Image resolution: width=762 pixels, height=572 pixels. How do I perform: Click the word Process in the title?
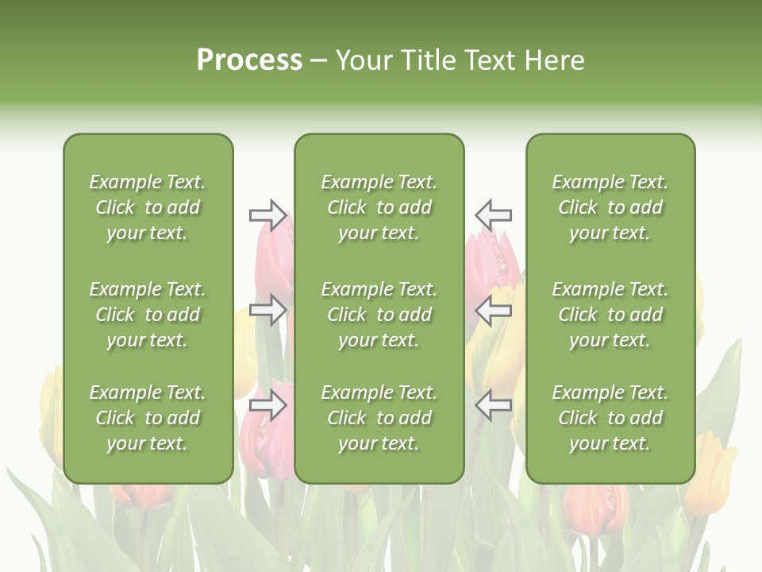[x=249, y=60]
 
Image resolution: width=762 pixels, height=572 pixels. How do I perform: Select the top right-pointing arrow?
[x=268, y=214]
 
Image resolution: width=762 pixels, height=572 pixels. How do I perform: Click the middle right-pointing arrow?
[x=268, y=310]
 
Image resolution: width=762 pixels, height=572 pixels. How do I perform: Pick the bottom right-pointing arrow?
[x=268, y=406]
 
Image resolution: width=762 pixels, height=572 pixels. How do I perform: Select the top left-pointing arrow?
[x=493, y=214]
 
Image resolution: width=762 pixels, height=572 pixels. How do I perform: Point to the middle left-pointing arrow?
[x=493, y=310]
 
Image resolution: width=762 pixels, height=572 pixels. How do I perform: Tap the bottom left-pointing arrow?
[x=493, y=406]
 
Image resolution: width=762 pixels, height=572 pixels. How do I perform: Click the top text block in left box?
[x=148, y=207]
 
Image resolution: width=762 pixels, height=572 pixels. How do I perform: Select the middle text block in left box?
[x=148, y=315]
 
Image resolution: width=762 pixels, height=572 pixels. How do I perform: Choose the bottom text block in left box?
[x=148, y=418]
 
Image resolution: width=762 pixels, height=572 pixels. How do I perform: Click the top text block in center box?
[x=379, y=207]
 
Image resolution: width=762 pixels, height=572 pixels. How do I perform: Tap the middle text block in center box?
[x=379, y=315]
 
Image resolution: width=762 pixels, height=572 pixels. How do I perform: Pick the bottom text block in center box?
[x=379, y=418]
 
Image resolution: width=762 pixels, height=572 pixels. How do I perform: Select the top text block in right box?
[x=610, y=207]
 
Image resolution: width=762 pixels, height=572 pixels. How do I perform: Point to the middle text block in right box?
[x=610, y=315]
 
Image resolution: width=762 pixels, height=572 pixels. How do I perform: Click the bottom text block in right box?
[x=610, y=418]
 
